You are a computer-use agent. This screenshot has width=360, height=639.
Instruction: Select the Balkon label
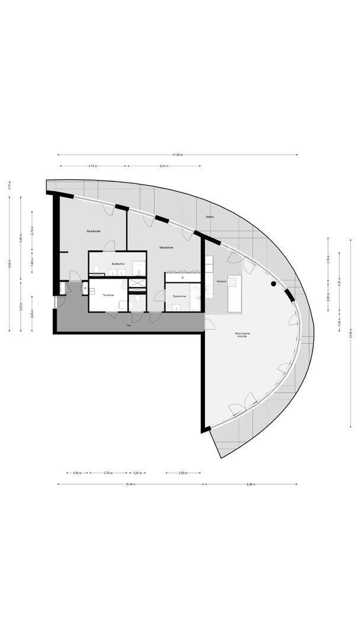pos(210,217)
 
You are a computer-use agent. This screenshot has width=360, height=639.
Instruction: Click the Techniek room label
pos(108,295)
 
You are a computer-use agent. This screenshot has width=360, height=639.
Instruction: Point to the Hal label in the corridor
pos(129,325)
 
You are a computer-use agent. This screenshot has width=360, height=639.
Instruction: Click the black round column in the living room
pos(274,284)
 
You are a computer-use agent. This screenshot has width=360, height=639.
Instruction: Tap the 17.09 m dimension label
pos(178,155)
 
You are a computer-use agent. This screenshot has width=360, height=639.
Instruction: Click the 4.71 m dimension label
pos(93,166)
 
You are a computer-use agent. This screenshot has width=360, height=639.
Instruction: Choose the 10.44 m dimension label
pos(131,484)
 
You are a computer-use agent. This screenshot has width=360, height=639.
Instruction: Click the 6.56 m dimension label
pos(251,484)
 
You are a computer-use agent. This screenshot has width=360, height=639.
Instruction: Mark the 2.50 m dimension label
pos(183,473)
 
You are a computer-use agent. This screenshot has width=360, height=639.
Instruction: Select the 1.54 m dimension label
pos(76,473)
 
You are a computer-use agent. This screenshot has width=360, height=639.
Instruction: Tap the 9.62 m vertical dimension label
pos(10,266)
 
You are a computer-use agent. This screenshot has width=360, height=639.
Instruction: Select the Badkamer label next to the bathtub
pos(179,295)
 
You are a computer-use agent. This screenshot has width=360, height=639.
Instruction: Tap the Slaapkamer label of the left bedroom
pos(93,231)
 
